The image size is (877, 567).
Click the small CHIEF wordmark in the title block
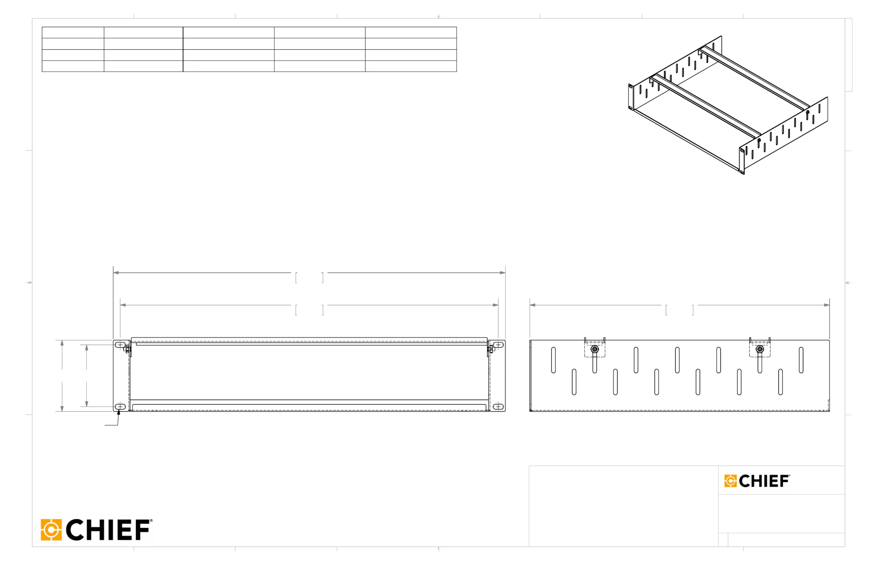click(x=764, y=481)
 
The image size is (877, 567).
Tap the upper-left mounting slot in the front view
click(x=120, y=345)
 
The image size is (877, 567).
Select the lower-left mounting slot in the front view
click(x=120, y=406)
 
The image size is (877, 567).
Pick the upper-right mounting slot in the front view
click(x=498, y=345)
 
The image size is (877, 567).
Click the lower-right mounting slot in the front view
click(x=498, y=406)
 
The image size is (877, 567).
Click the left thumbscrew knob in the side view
click(x=595, y=349)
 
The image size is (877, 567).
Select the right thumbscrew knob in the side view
click(x=760, y=349)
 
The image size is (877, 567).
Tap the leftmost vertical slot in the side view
click(x=553, y=360)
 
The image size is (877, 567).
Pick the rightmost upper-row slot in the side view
click(x=801, y=360)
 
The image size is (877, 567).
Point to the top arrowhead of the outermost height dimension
click(x=62, y=343)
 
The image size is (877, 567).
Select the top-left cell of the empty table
click(x=73, y=32)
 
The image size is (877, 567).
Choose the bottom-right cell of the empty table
click(x=411, y=66)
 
